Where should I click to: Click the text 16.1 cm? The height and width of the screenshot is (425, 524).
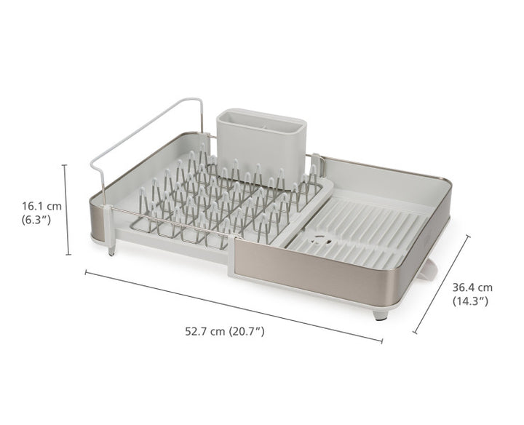click(41, 206)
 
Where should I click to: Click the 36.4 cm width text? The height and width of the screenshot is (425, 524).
click(472, 287)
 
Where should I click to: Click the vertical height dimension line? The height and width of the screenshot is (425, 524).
click(68, 211)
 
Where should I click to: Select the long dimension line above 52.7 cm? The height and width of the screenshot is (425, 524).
click(233, 306)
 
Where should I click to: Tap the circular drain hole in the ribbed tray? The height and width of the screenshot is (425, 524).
click(317, 237)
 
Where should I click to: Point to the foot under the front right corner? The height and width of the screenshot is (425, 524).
click(380, 314)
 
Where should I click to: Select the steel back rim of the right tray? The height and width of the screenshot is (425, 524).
click(386, 166)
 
